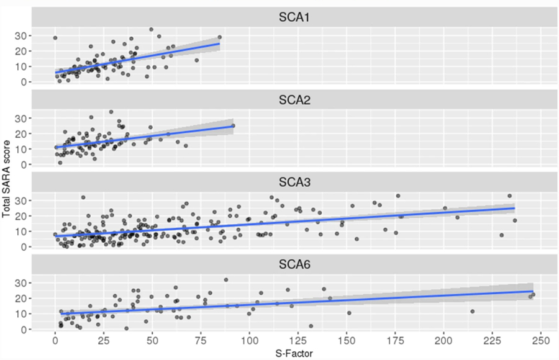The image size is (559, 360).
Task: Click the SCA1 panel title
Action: pyautogui.click(x=294, y=18)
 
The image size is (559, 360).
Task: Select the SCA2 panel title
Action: pyautogui.click(x=294, y=101)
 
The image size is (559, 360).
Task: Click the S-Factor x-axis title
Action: pyautogui.click(x=294, y=354)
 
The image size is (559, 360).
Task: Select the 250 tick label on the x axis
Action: pyautogui.click(x=541, y=341)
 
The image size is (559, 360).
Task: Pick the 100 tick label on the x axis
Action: pyautogui.click(x=250, y=341)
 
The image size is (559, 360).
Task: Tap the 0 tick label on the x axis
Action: pyautogui.click(x=55, y=341)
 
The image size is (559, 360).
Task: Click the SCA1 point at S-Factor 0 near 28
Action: pyautogui.click(x=55, y=38)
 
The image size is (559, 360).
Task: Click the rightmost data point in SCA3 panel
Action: pyautogui.click(x=514, y=220)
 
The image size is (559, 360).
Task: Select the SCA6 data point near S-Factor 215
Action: pyautogui.click(x=473, y=312)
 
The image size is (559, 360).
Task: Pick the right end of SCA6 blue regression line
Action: pyautogui.click(x=533, y=291)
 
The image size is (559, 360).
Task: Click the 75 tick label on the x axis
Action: pyautogui.click(x=201, y=341)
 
